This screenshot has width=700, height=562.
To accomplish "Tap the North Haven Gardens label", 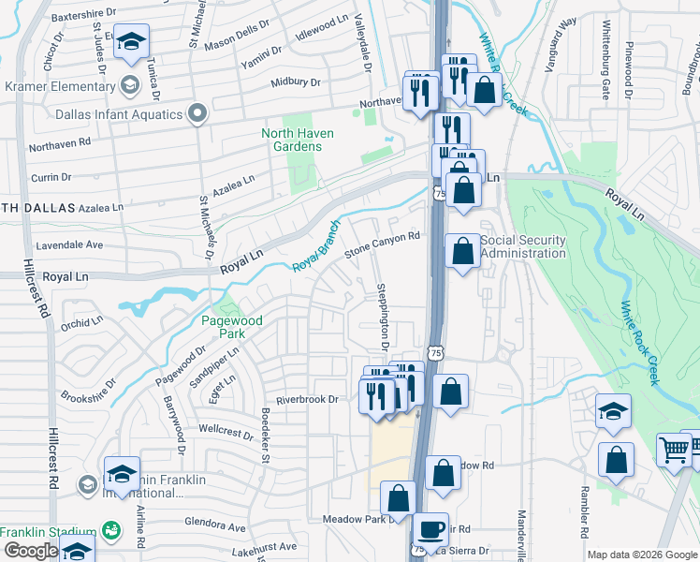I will (x=298, y=140).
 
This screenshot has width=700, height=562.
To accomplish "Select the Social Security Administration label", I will (x=523, y=246).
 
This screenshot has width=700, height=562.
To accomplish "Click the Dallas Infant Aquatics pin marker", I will (x=197, y=114).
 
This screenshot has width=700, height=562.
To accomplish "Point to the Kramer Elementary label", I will (x=58, y=86).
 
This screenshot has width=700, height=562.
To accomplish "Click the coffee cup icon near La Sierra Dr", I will (x=430, y=529).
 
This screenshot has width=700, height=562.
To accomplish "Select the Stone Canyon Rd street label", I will (x=382, y=245).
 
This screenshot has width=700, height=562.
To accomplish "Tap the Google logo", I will (x=30, y=552).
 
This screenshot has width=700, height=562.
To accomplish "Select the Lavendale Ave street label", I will (x=69, y=245).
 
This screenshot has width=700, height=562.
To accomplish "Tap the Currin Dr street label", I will (x=51, y=177).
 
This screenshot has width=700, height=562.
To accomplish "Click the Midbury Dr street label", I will (x=296, y=82).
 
